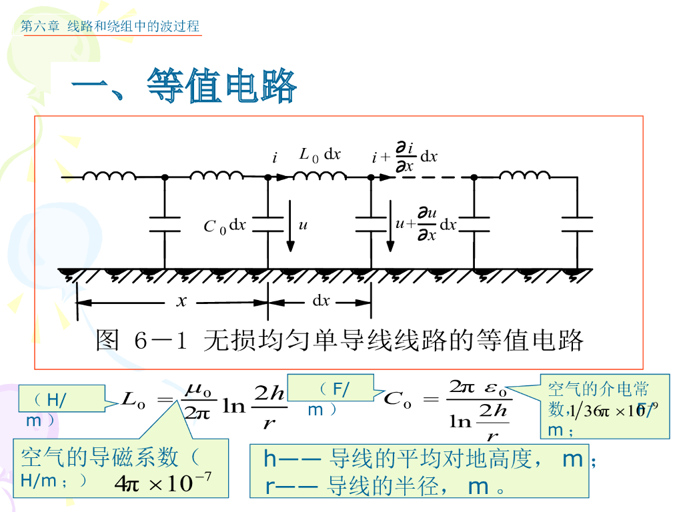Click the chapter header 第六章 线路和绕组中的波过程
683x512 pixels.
point(110,27)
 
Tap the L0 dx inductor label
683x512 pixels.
point(320,155)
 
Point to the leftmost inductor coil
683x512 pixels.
point(109,176)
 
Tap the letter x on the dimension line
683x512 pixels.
point(181,301)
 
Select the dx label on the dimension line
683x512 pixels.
point(321,301)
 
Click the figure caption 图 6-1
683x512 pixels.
point(339,340)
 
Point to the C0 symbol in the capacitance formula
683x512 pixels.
point(396,400)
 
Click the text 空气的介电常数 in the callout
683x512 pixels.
point(598,389)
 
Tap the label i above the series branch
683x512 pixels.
point(274,159)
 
